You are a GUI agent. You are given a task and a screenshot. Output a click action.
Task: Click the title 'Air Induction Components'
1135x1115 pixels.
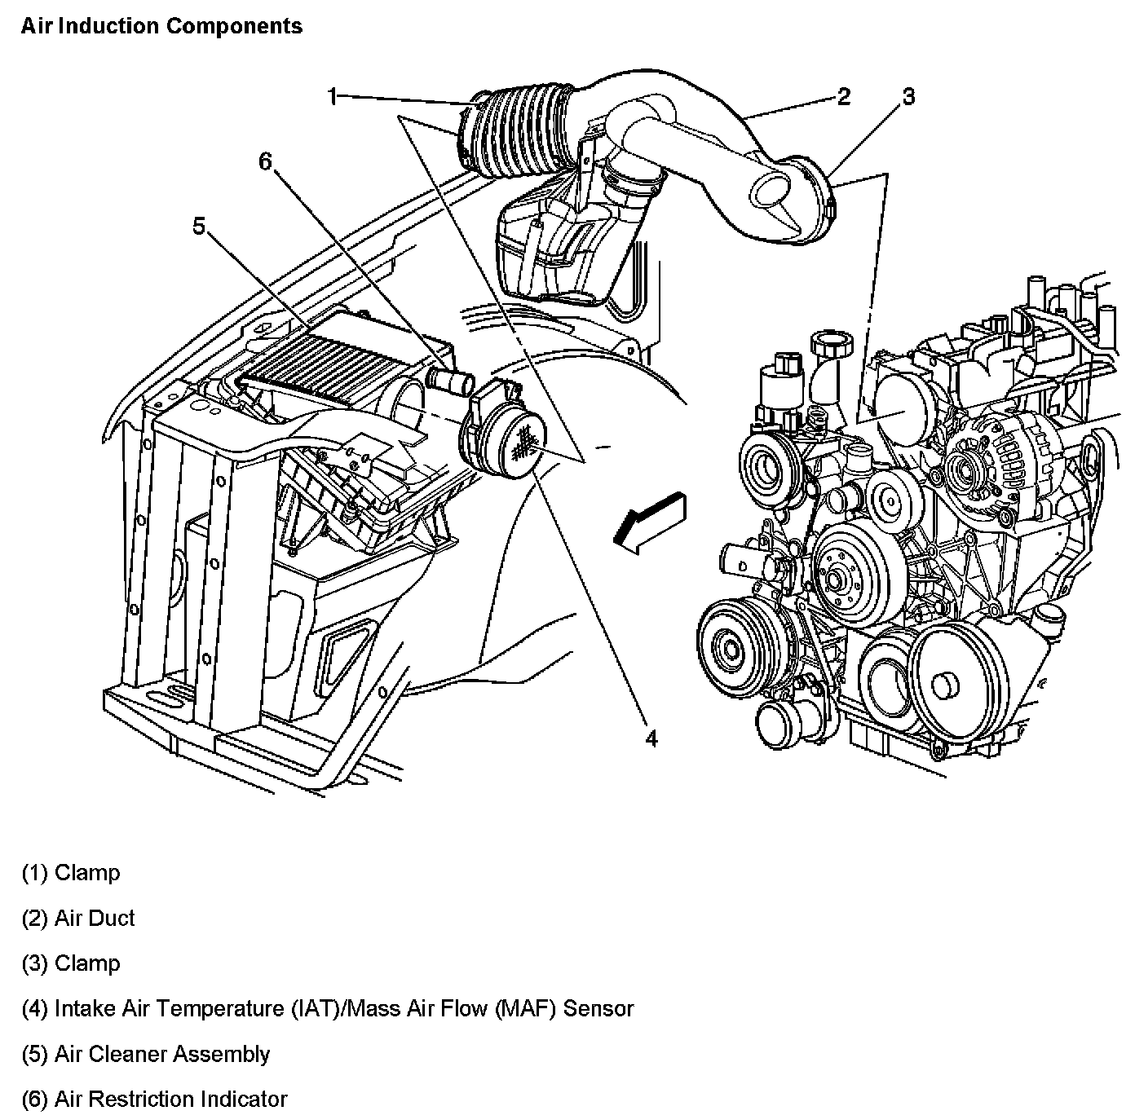click(x=161, y=26)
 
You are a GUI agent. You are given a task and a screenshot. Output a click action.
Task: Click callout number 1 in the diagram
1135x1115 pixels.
click(x=332, y=97)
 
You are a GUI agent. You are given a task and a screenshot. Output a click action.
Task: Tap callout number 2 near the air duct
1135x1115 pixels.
click(x=844, y=97)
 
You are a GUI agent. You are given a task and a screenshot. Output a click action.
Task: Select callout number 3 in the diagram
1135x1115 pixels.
click(x=908, y=97)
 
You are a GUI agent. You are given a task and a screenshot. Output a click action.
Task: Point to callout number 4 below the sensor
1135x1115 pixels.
click(x=651, y=738)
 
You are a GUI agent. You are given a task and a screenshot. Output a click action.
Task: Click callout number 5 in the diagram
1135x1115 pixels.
click(x=199, y=226)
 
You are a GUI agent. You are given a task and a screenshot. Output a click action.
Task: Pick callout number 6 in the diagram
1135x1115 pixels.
click(x=264, y=162)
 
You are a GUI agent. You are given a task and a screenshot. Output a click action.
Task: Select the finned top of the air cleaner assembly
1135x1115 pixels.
click(x=310, y=359)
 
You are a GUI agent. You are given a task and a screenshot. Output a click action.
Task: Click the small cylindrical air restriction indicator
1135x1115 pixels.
click(x=448, y=380)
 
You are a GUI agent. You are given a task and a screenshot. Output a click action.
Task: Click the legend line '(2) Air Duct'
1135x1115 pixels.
click(x=78, y=919)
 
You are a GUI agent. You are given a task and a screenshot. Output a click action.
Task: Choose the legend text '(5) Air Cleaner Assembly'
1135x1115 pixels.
click(x=146, y=1054)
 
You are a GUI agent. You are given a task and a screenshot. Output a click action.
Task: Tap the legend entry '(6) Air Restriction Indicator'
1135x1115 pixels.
click(x=155, y=1100)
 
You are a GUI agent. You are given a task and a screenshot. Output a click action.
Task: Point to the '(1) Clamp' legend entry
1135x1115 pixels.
click(x=71, y=873)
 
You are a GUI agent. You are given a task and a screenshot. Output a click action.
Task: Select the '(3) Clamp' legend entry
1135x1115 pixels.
click(x=71, y=963)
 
